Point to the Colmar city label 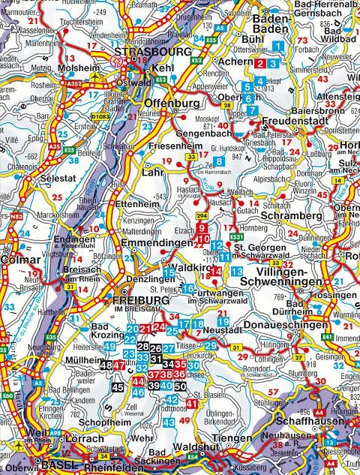[16, 261]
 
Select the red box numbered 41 [192, 404]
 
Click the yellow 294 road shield [202, 216]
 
